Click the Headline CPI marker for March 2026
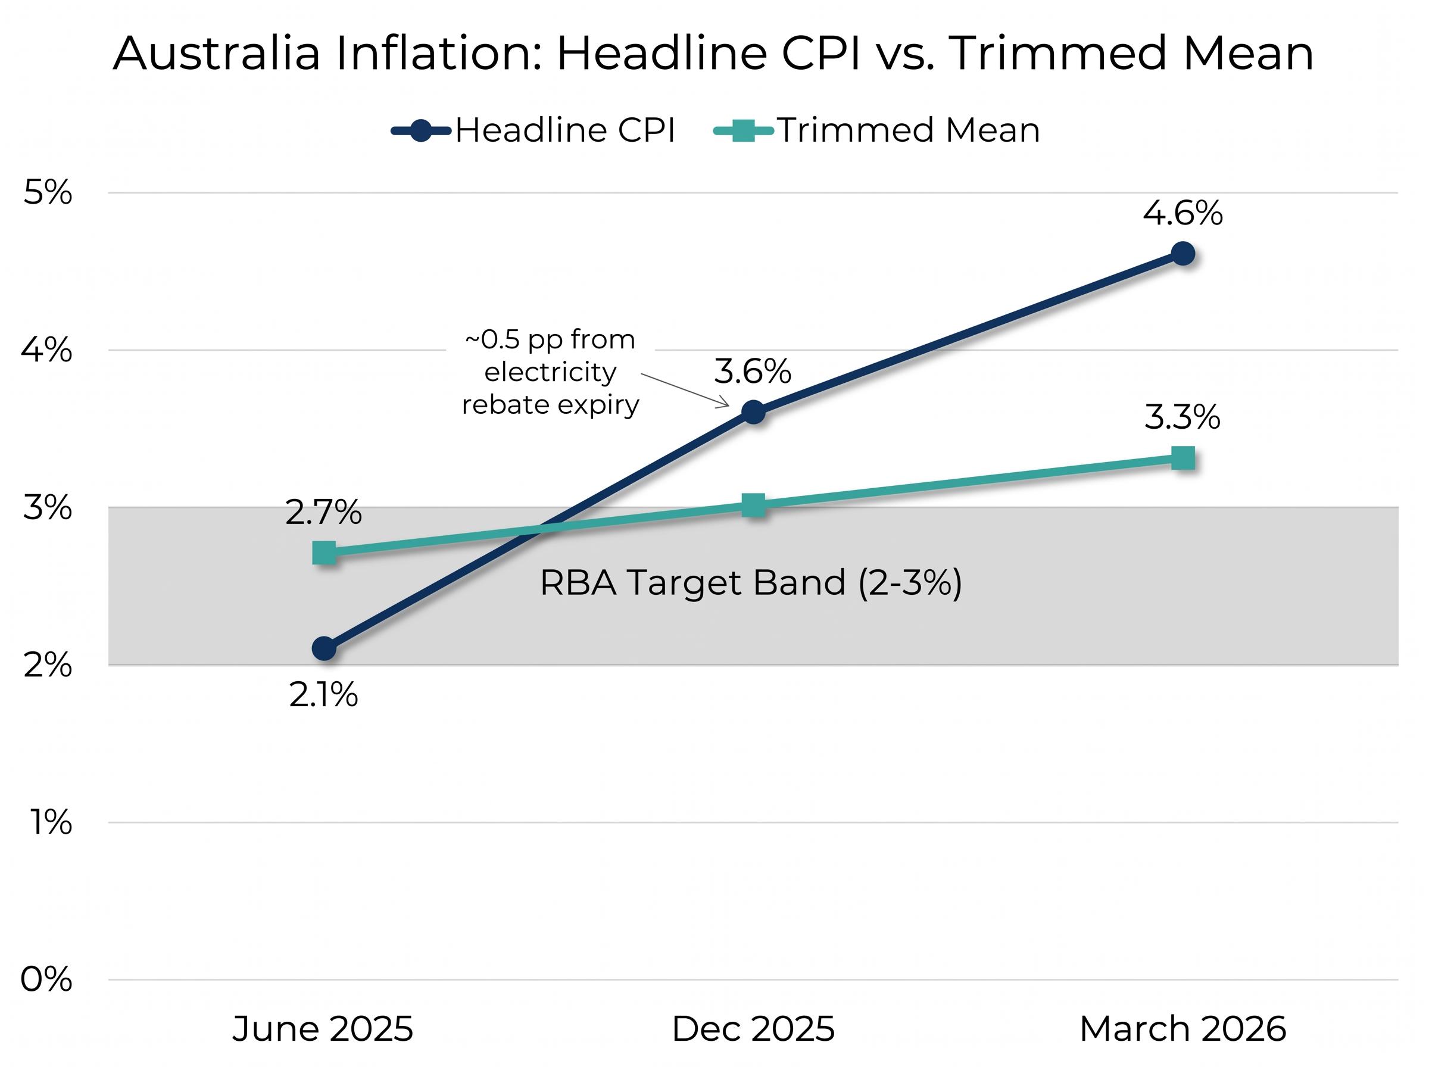1182,254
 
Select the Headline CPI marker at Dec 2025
753,411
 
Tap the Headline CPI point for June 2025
324,648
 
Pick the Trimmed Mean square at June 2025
324,553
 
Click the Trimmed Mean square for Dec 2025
753,506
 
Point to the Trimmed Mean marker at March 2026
1182,458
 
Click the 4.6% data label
1182,213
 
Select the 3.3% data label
1182,417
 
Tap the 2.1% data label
323,695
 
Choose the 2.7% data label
323,513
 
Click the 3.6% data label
752,372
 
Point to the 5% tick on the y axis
47,192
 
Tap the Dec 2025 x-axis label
753,1029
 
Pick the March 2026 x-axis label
1182,1029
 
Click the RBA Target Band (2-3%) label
750,582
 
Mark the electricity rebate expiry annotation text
550,373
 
